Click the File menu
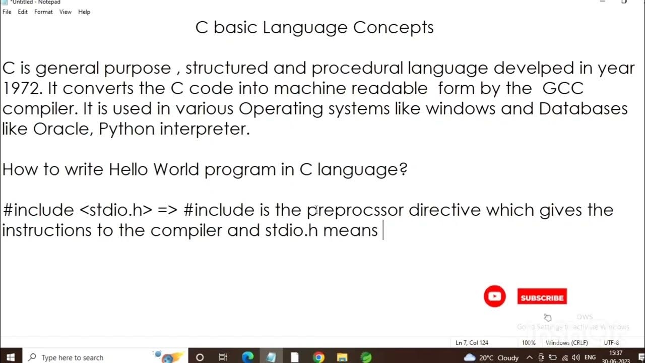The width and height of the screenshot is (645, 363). tap(7, 12)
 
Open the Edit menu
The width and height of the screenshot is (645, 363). tap(23, 12)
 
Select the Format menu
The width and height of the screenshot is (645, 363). tap(43, 12)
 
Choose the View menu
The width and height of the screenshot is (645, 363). tap(66, 12)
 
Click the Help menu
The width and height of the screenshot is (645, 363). tap(84, 12)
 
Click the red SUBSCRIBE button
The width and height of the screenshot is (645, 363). tap(542, 297)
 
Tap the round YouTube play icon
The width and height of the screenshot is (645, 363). tap(494, 296)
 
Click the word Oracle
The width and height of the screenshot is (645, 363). tap(62, 129)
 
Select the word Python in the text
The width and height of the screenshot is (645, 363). tap(126, 129)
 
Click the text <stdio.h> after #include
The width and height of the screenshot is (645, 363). tap(116, 210)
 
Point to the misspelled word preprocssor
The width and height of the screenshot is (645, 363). tap(355, 210)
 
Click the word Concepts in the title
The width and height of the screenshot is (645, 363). tap(393, 27)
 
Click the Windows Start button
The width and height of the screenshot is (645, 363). tap(11, 357)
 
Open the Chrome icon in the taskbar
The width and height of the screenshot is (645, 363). tap(318, 357)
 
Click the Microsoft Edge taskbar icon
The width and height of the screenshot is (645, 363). tap(247, 357)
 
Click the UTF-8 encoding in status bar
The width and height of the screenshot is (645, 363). tap(611, 343)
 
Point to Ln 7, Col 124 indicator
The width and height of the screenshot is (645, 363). tap(472, 343)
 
